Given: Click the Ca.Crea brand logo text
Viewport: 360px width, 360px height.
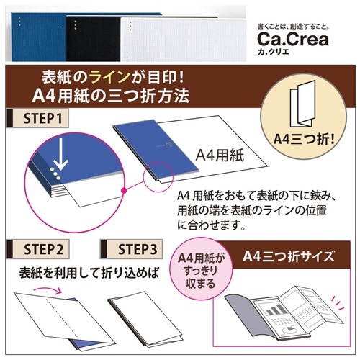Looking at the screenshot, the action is pyautogui.click(x=293, y=39).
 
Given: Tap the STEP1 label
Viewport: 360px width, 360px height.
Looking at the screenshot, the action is pyautogui.click(x=42, y=118).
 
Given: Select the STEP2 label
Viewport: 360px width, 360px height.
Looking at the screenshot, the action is pyautogui.click(x=43, y=249).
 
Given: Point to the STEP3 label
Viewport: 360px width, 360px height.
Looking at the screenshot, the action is pyautogui.click(x=138, y=249).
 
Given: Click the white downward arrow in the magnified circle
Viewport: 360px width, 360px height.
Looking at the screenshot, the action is pyautogui.click(x=60, y=154).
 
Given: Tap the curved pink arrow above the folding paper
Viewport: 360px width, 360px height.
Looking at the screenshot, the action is pyautogui.click(x=48, y=289).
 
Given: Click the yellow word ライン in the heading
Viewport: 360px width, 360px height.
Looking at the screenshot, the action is pyautogui.click(x=109, y=77).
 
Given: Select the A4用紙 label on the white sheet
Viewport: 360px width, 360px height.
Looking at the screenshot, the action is pyautogui.click(x=220, y=156).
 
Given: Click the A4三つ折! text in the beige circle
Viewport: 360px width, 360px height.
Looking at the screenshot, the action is pyautogui.click(x=304, y=139).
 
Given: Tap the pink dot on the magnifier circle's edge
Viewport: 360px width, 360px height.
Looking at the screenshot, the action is pyautogui.click(x=124, y=191).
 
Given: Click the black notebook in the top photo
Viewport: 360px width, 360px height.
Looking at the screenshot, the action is pyautogui.click(x=94, y=38).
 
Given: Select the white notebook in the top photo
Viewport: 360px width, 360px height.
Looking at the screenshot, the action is pyautogui.click(x=184, y=39).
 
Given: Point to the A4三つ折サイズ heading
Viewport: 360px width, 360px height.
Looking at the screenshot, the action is pyautogui.click(x=288, y=256).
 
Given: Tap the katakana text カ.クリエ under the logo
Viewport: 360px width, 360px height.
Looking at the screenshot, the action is pyautogui.click(x=274, y=52).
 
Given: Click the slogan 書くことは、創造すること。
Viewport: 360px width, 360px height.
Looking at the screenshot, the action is pyautogui.click(x=293, y=27).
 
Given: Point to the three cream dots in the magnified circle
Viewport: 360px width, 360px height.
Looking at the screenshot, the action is pyautogui.click(x=55, y=174).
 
